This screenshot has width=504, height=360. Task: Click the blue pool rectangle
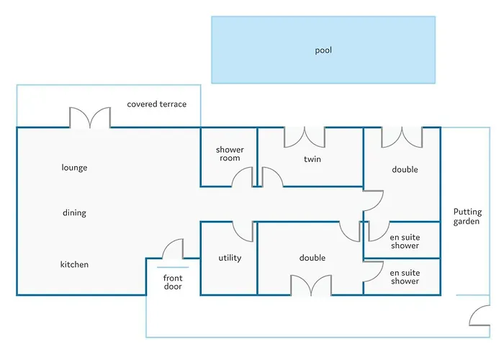(x=323, y=50)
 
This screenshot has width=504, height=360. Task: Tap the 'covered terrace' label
(x=157, y=104)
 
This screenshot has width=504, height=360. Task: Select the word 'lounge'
(x=74, y=168)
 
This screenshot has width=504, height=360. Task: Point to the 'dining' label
(x=74, y=213)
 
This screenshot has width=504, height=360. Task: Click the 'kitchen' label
(x=74, y=265)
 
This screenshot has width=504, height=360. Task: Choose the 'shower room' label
(x=230, y=154)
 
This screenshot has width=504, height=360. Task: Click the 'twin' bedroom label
(x=312, y=158)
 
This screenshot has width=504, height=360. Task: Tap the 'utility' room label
(x=230, y=258)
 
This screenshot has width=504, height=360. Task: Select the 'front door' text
(x=173, y=282)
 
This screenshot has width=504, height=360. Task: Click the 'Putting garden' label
(x=467, y=217)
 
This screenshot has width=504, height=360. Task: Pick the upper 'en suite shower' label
(x=404, y=241)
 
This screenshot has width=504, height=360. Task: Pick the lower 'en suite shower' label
(x=404, y=277)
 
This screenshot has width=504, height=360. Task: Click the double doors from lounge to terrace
(x=90, y=118)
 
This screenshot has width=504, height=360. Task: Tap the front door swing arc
(x=173, y=249)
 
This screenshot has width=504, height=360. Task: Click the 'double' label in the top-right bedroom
(x=405, y=170)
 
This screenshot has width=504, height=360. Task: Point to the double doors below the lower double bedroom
(x=310, y=285)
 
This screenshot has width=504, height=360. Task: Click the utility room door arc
(x=243, y=231)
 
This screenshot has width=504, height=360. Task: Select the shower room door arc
(x=243, y=176)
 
